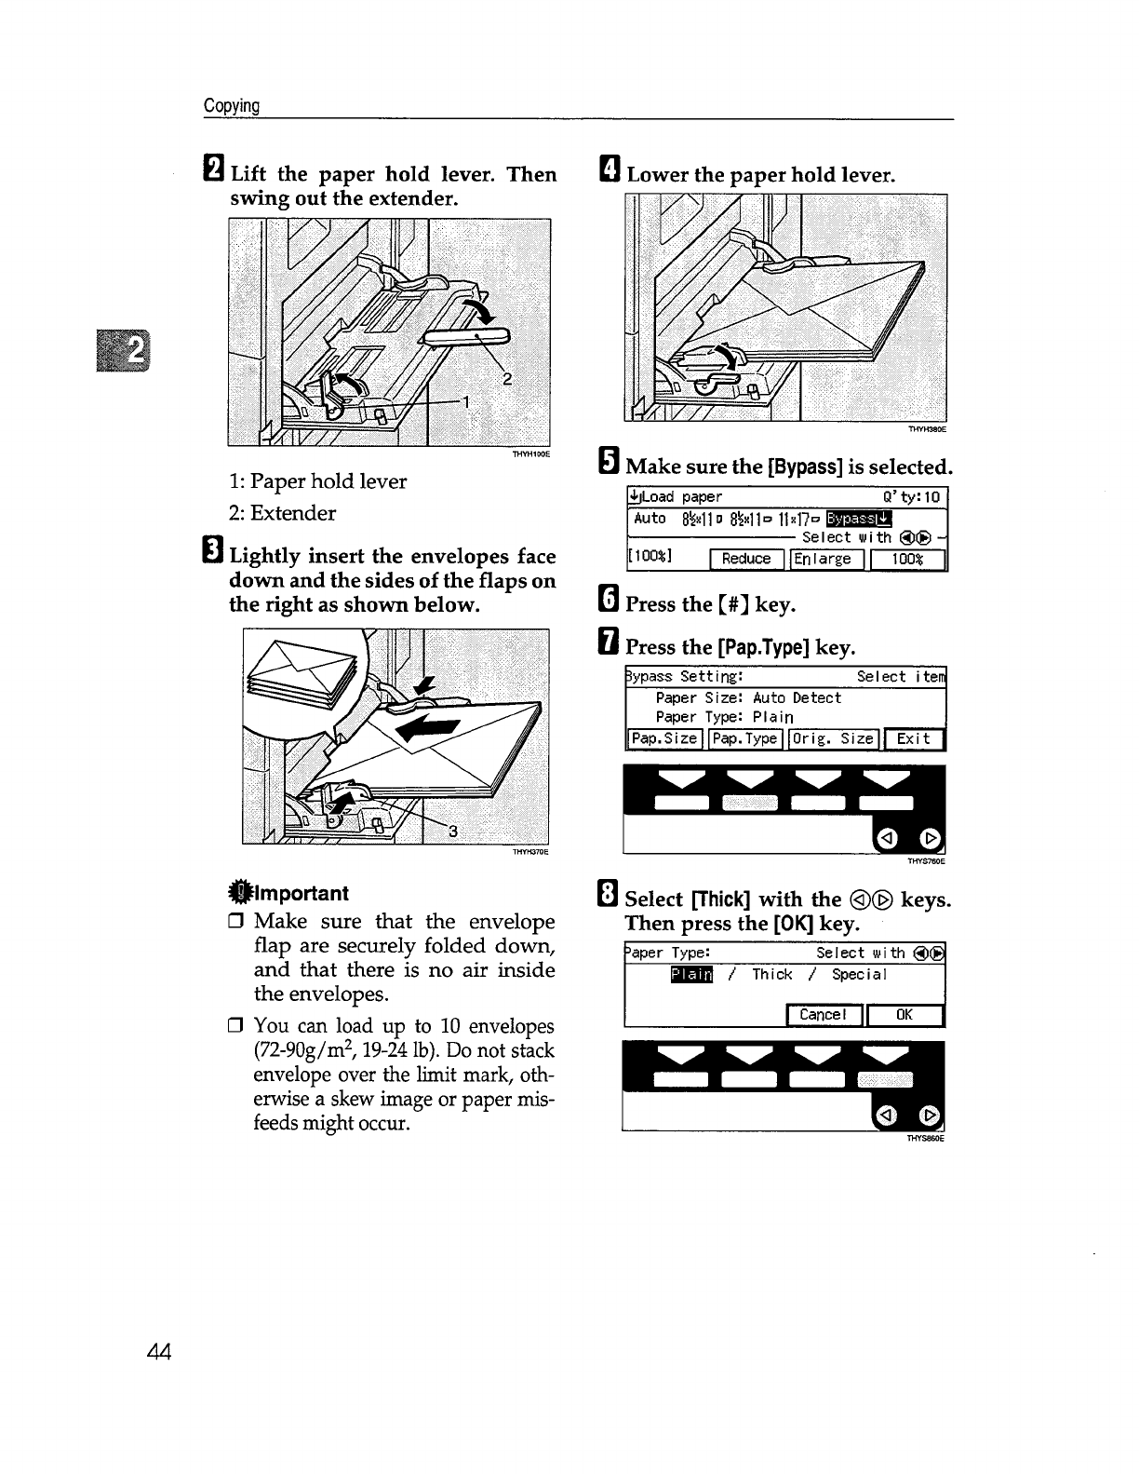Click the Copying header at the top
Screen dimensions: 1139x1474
[x=232, y=105]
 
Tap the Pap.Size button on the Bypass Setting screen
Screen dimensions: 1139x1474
[x=664, y=738]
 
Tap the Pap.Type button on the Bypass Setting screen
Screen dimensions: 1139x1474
[x=744, y=738]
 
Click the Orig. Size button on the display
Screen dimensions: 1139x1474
[x=833, y=738]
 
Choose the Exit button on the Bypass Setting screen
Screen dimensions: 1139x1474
[x=914, y=739]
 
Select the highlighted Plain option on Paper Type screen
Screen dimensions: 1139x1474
[x=690, y=974]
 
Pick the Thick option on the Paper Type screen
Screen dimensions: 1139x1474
[x=772, y=974]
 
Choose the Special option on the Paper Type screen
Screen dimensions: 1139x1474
[x=860, y=974]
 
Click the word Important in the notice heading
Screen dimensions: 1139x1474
[x=299, y=893]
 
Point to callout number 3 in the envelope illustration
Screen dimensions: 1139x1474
[x=453, y=832]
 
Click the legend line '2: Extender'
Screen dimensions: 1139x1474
[x=282, y=513]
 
